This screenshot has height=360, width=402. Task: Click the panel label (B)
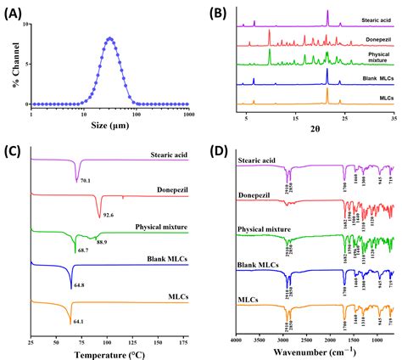tap(218, 12)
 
